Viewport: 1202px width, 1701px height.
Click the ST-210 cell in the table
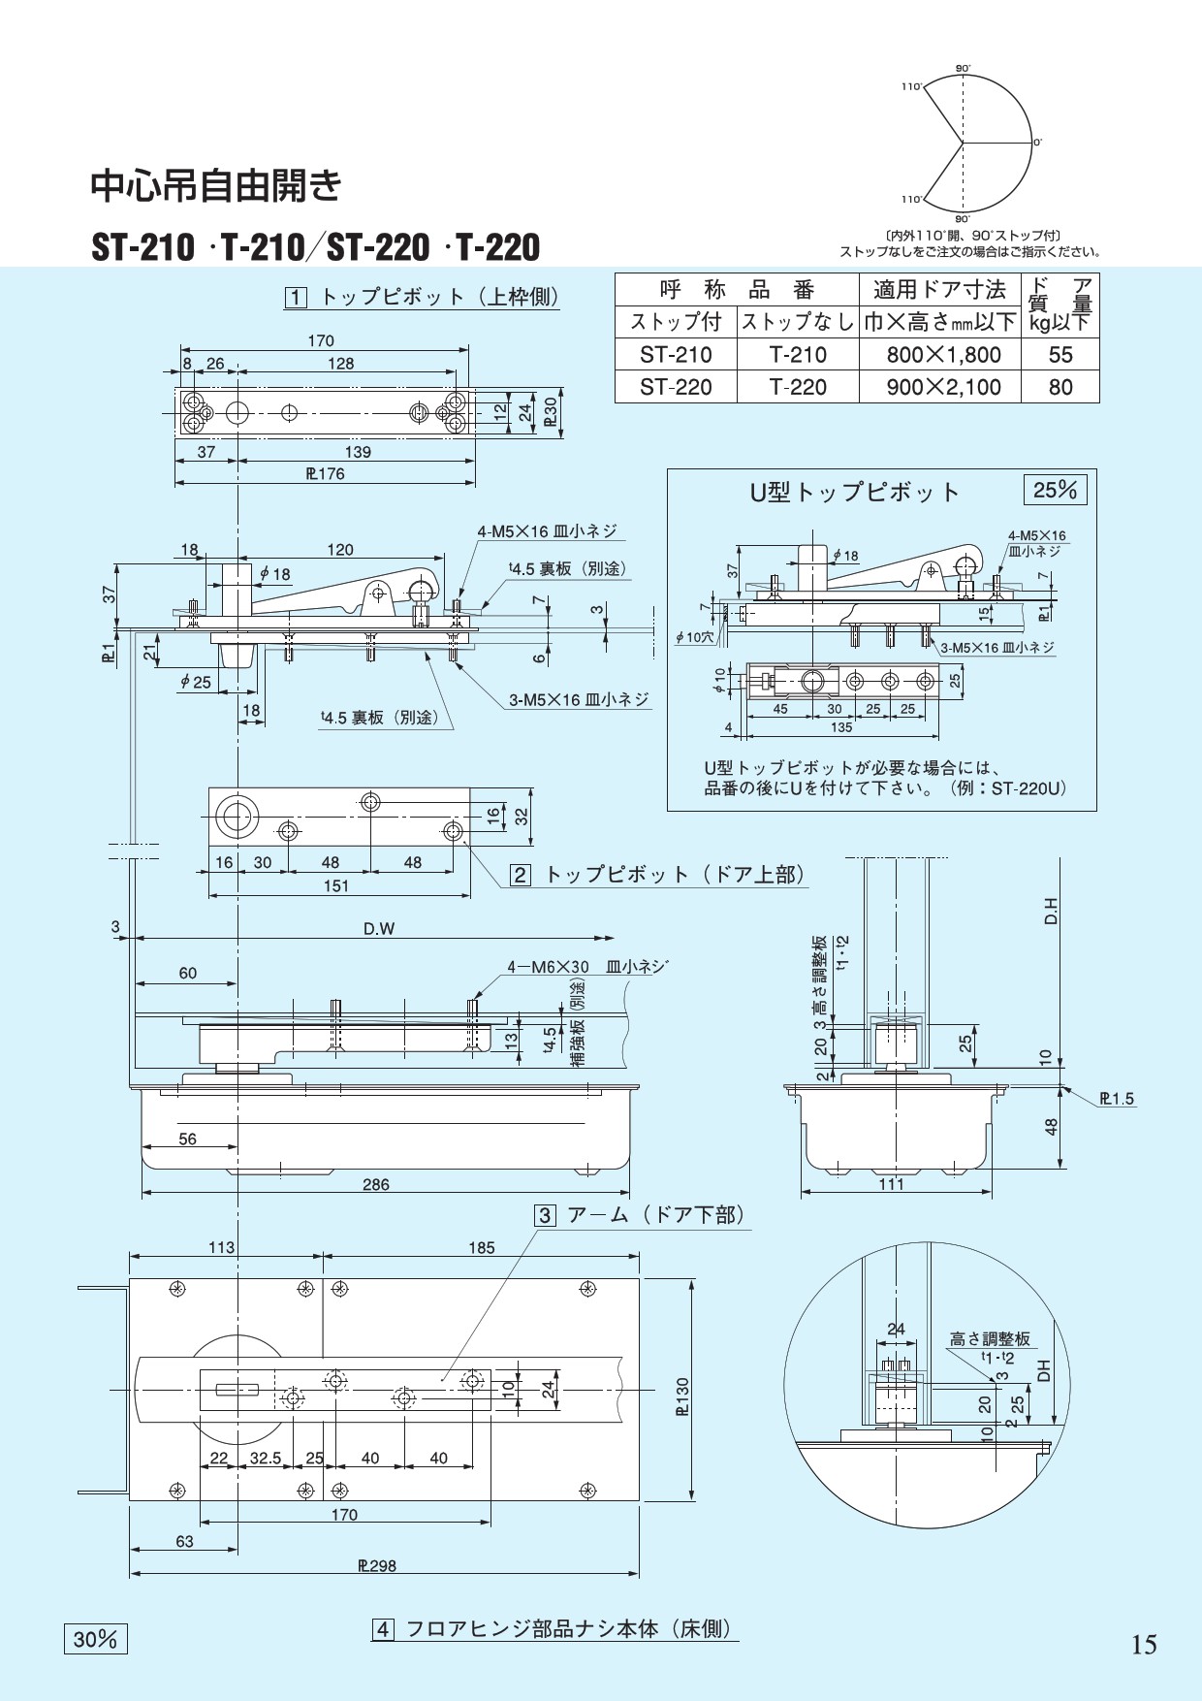point(676,355)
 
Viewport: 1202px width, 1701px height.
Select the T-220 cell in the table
point(798,387)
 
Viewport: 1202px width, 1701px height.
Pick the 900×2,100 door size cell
point(944,387)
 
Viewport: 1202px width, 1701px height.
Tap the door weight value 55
point(1060,355)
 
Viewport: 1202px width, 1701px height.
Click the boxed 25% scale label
point(1056,490)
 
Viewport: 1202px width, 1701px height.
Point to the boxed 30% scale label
point(95,1638)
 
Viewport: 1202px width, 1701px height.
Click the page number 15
point(1144,1645)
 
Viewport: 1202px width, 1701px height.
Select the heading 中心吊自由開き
point(216,184)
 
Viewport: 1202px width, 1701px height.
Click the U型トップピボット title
point(855,493)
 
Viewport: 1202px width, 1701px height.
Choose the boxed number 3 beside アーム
point(546,1215)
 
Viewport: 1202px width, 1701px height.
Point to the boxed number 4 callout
point(383,1629)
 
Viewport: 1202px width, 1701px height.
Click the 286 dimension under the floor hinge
point(376,1184)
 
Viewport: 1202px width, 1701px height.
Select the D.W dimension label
point(379,928)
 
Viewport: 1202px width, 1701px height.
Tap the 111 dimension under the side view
point(891,1183)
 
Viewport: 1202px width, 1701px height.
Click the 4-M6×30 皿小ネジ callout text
point(587,967)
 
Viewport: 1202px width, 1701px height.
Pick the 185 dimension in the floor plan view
point(482,1248)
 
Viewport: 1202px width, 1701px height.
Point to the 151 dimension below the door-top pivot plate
point(335,885)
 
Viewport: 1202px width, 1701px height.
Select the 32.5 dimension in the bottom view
point(265,1458)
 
